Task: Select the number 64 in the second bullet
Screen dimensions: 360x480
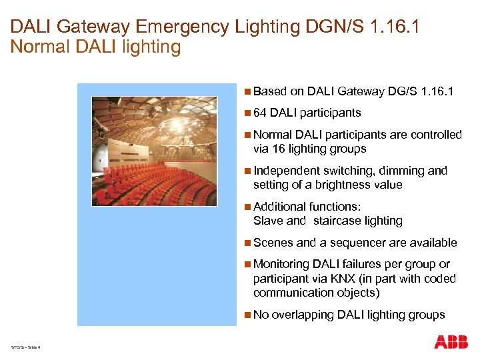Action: [x=260, y=113]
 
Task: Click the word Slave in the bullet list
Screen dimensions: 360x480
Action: [x=268, y=221]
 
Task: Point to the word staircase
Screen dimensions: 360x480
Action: [x=337, y=221]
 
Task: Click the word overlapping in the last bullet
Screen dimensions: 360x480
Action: [x=303, y=315]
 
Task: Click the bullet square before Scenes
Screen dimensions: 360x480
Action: [x=248, y=243]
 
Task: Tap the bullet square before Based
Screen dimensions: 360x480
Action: [x=248, y=91]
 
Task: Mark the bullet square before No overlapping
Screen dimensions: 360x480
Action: [x=248, y=315]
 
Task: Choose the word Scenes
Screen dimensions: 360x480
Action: [x=273, y=243]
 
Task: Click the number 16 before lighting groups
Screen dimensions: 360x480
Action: [x=277, y=149]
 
